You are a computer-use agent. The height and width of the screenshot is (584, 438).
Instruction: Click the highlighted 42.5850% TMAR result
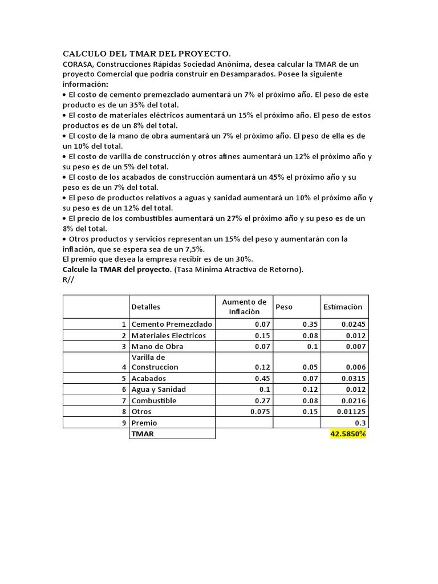348,434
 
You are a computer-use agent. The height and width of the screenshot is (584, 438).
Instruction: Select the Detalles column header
146,307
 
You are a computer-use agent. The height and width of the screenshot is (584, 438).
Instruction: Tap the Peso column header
284,307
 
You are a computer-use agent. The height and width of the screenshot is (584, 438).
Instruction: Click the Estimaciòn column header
342,307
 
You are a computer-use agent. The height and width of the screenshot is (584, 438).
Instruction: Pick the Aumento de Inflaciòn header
244,307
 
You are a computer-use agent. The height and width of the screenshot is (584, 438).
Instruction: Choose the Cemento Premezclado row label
172,324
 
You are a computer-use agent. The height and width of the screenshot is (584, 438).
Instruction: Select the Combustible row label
154,400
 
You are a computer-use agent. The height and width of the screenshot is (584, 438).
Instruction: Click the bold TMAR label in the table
143,434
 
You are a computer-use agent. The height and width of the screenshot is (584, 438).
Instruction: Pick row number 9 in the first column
123,423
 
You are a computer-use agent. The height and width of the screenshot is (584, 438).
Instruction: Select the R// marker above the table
68,280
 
